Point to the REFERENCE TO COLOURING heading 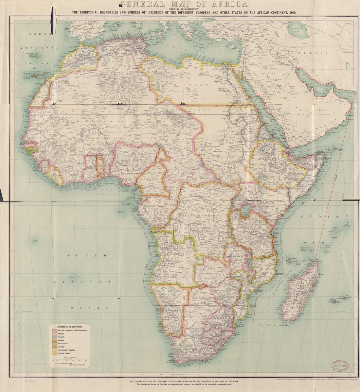[69, 327]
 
